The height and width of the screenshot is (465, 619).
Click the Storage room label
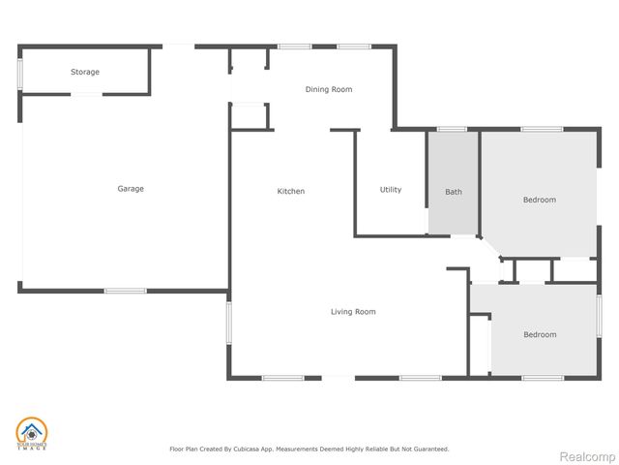coord(84,72)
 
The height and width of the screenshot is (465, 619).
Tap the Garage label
coord(131,189)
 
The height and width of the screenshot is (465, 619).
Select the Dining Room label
coord(329,89)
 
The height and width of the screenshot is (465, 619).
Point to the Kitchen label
coord(291,191)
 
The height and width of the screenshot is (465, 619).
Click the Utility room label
coord(391,190)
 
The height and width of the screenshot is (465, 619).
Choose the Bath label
coord(454,192)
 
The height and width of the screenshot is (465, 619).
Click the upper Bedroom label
coord(540,200)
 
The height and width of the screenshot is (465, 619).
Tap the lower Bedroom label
coord(540,334)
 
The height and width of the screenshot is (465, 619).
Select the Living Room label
coord(353,311)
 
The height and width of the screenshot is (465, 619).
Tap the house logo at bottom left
coord(31,434)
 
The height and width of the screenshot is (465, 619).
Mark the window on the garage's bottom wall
coord(125,291)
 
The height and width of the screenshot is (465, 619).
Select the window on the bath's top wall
coord(452,129)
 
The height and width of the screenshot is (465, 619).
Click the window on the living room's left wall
coord(229,323)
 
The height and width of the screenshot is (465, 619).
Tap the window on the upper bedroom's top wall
coord(542,129)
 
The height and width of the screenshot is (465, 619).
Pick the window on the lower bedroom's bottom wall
coord(543,377)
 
